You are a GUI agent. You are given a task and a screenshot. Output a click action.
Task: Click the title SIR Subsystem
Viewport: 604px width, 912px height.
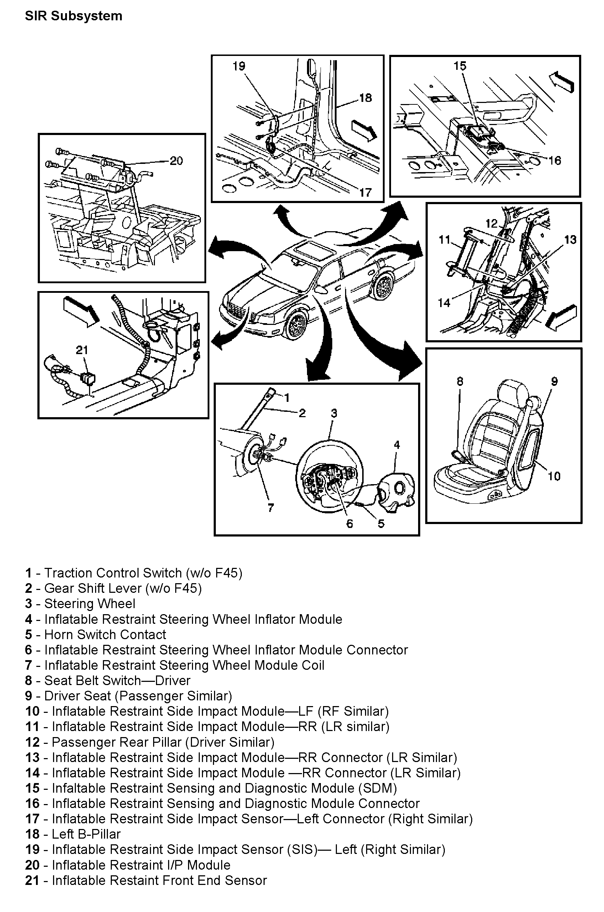tap(74, 16)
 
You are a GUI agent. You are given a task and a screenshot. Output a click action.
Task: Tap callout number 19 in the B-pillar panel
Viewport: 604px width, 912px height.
tap(239, 66)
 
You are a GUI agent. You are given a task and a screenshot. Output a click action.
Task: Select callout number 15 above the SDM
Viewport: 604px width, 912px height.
tap(459, 66)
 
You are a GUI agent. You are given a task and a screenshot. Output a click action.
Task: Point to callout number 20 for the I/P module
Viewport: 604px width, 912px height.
tap(176, 161)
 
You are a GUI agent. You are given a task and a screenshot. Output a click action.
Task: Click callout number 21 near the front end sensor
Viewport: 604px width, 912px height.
tap(82, 350)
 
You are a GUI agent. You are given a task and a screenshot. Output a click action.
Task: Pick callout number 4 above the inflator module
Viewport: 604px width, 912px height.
tap(397, 445)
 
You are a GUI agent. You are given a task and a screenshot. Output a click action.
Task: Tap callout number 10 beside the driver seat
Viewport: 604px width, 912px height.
tap(554, 476)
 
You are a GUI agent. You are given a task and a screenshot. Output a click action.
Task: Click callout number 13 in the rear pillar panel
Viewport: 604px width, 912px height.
tap(570, 240)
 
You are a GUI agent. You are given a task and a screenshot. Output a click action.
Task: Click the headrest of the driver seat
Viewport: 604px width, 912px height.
tap(513, 393)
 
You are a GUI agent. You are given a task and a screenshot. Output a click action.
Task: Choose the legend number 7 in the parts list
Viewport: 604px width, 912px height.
tap(28, 665)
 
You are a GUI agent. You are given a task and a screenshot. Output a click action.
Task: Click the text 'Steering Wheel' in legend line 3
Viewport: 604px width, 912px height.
tap(90, 603)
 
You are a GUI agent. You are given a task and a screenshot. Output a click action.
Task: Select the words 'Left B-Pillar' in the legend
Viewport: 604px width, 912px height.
tap(86, 834)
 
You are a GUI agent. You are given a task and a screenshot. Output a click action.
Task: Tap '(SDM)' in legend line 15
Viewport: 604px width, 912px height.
tap(377, 788)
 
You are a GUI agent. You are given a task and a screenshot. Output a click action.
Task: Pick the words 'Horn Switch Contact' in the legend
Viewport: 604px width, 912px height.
tap(105, 634)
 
